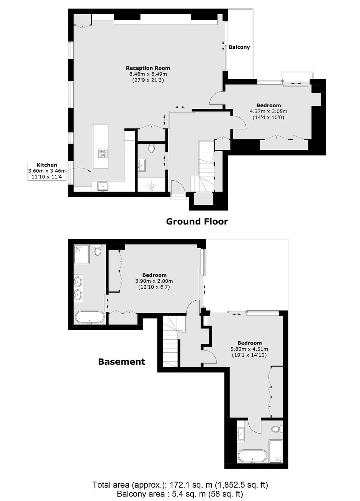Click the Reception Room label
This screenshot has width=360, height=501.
tap(148, 68)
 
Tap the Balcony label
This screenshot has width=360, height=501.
tap(239, 47)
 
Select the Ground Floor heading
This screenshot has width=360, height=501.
tap(197, 221)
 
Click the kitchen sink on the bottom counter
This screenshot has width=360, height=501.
tap(103, 186)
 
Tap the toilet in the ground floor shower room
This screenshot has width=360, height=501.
tap(151, 148)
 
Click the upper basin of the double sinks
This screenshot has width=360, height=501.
tap(78, 282)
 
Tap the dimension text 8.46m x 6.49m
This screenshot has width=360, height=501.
tap(148, 74)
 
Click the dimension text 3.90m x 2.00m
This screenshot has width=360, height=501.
tap(154, 281)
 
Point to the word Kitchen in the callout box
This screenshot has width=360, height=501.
tap(47, 165)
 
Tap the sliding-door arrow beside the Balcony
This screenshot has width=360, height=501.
tap(224, 46)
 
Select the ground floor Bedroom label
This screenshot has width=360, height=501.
tap(268, 105)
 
